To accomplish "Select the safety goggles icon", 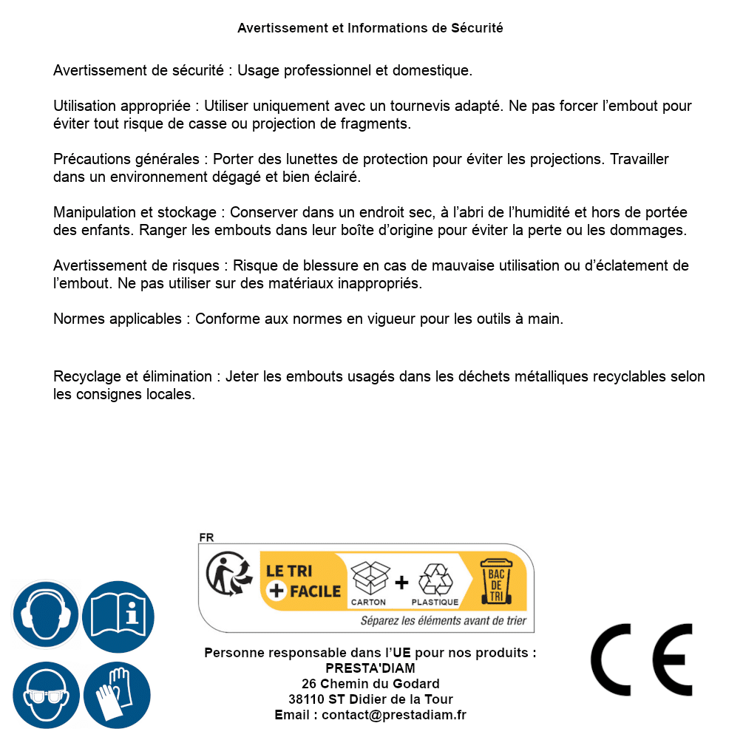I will point(45,696).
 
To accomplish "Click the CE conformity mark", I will point(641,660).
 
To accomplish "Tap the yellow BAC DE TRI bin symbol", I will point(495,582).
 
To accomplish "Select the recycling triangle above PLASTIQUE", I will point(435,580).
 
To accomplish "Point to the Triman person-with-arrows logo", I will point(225,576).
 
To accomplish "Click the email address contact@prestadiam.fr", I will point(394,715).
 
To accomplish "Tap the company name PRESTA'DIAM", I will point(370,668).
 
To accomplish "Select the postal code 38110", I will point(306,699).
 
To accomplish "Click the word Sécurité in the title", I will point(477,28).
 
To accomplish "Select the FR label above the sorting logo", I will point(206,538).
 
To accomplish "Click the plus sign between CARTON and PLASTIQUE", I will point(401,583).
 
